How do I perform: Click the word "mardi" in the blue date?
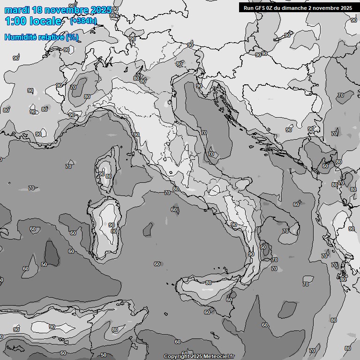pyautogui.click(x=16, y=10)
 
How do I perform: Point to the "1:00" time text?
pyautogui.click(x=15, y=21)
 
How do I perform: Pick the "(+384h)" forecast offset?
pyautogui.click(x=83, y=21)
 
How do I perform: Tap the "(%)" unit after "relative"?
pyautogui.click(x=72, y=37)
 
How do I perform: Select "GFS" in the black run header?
pyautogui.click(x=261, y=7)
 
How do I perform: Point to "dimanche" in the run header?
pyautogui.click(x=297, y=7)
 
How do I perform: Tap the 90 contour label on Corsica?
pyautogui.click(x=102, y=174)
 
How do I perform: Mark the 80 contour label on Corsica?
pyautogui.click(x=109, y=177)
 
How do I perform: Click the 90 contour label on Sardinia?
pyautogui.click(x=112, y=225)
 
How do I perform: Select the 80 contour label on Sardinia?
pyautogui.click(x=113, y=231)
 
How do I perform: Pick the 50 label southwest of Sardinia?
pyautogui.click(x=44, y=264)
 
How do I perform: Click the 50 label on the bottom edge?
pyautogui.click(x=104, y=355)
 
